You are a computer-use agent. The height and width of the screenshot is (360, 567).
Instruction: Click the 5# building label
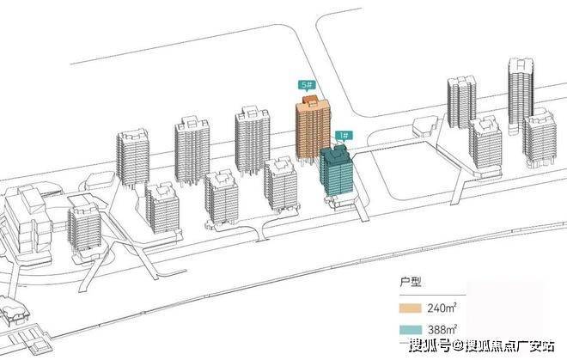(305, 85)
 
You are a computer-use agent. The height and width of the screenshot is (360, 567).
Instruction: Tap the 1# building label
(342, 135)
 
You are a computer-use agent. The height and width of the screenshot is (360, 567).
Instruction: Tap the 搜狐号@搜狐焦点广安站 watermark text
(480, 347)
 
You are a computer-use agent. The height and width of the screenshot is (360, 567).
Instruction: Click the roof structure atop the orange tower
(314, 103)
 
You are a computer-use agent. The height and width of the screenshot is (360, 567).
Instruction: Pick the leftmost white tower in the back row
(133, 159)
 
